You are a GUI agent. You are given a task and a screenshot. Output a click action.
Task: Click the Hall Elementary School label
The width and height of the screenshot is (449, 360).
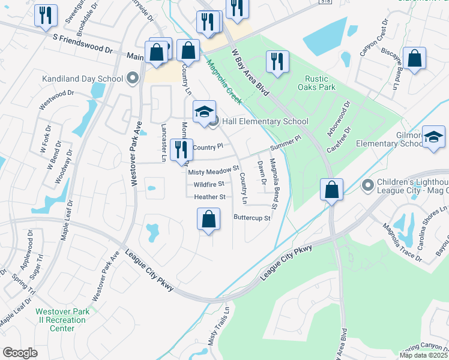pos(265,121)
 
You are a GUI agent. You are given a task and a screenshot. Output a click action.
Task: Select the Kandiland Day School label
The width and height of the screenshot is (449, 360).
pos(82,79)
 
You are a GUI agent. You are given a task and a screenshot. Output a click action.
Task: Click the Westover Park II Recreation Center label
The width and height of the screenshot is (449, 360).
pos(62,320)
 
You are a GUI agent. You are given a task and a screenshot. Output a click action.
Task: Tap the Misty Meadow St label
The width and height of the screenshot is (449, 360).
pos(214,172)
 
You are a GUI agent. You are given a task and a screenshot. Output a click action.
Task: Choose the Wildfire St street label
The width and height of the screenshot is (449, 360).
pos(209,184)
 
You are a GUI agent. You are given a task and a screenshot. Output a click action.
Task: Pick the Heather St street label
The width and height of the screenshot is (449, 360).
pos(209,197)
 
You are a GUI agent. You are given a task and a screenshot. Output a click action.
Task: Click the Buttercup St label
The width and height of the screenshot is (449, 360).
pos(252,218)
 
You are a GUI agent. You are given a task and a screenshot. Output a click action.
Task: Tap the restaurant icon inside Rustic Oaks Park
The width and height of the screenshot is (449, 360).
pos(277,62)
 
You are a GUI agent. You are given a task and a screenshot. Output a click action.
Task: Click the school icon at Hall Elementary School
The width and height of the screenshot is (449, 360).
pos(204,111)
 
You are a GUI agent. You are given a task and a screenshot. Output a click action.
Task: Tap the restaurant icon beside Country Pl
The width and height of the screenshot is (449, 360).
pos(181,149)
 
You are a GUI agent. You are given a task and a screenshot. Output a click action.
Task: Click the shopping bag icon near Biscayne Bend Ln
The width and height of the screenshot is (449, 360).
pos(414,58)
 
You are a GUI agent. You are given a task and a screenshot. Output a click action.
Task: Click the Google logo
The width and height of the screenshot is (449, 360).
pos(20,353)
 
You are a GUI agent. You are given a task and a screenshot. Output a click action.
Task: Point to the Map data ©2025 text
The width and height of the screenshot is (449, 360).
pos(424,355)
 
